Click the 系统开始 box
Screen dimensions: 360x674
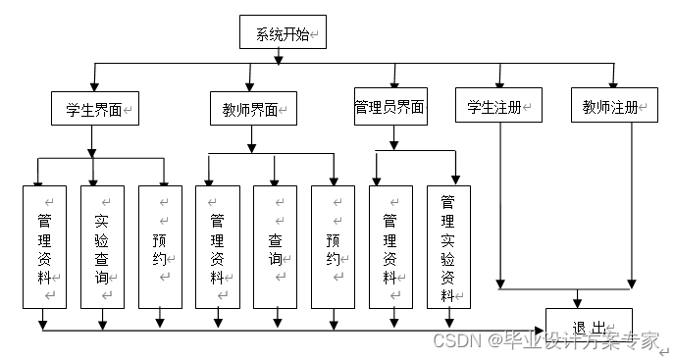pyautogui.click(x=283, y=32)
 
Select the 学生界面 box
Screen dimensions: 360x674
pyautogui.click(x=93, y=109)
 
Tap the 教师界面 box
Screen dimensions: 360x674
pyautogui.click(x=252, y=109)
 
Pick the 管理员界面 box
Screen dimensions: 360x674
pyautogui.click(x=390, y=107)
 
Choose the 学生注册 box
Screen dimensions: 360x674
pyautogui.click(x=498, y=105)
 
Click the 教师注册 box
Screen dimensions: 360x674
pyautogui.click(x=614, y=105)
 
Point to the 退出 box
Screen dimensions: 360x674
pyautogui.click(x=589, y=326)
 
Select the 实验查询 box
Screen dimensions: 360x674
pyautogui.click(x=102, y=247)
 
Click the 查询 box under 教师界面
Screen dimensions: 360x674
pyautogui.click(x=276, y=247)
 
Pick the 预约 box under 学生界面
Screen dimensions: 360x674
pyautogui.click(x=161, y=247)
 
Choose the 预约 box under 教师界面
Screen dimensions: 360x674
pyautogui.click(x=334, y=247)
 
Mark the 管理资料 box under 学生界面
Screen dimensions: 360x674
pyautogui.click(x=44, y=247)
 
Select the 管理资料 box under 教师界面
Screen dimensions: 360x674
pyautogui.click(x=218, y=247)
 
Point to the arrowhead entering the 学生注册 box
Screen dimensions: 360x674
pyautogui.click(x=499, y=81)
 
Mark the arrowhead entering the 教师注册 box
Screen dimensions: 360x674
pyautogui.click(x=614, y=81)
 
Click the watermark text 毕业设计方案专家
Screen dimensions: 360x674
pyautogui.click(x=580, y=340)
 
